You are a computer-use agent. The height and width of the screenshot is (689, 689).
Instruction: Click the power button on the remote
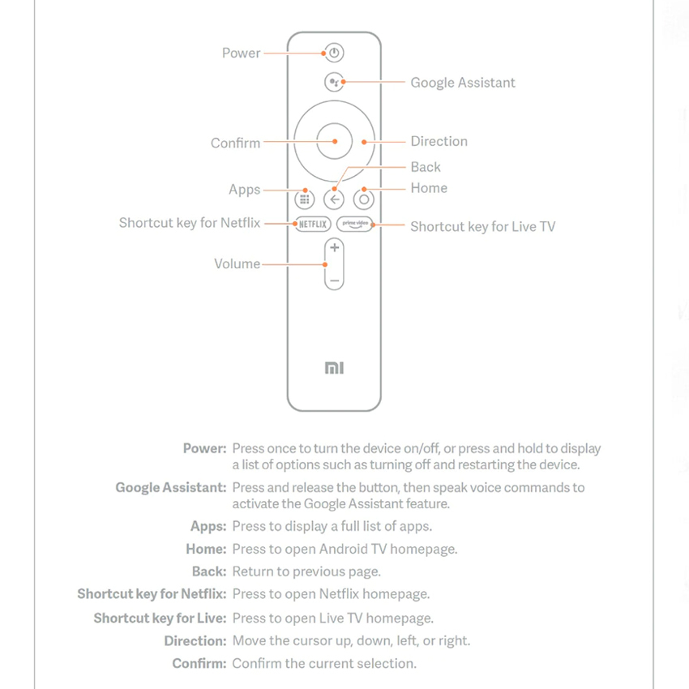tap(334, 53)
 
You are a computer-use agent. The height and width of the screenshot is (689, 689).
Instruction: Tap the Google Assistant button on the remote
tap(334, 83)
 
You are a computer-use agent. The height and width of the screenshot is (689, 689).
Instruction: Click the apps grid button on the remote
tap(305, 199)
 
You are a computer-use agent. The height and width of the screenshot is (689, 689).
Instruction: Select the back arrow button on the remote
tap(334, 199)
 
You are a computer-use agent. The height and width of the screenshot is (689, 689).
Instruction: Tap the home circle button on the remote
tap(364, 199)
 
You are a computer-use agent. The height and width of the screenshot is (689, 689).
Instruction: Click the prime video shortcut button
tap(355, 225)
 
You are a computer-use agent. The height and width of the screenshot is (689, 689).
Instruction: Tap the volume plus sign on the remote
tap(334, 248)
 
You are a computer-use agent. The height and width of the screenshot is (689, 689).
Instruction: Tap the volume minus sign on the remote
tap(334, 280)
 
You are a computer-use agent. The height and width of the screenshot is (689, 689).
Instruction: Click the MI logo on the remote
tap(334, 368)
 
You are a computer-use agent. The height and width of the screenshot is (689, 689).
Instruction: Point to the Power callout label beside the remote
tap(242, 53)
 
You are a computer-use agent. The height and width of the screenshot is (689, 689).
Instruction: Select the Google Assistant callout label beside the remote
tap(462, 83)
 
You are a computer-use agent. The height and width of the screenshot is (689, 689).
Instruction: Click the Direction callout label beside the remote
tap(439, 141)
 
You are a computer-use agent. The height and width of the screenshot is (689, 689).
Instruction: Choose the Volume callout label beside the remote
tap(237, 264)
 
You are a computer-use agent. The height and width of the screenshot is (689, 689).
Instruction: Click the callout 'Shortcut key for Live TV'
tap(482, 227)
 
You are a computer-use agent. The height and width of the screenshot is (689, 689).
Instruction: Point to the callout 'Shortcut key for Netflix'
tap(190, 223)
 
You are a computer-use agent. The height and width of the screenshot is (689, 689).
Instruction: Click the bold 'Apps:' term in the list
tap(208, 527)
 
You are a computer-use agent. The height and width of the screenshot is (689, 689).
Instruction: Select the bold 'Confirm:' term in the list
tap(199, 664)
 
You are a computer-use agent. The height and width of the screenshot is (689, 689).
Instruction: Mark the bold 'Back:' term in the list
tap(209, 572)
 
